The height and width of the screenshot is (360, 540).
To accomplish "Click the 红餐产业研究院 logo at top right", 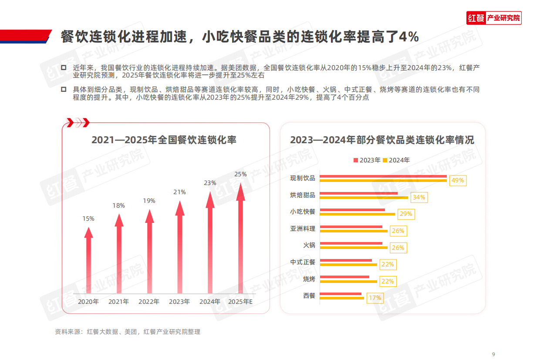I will (x=494, y=18).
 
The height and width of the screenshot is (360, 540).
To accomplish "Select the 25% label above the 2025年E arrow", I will (x=240, y=174).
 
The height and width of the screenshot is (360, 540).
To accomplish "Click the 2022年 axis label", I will (x=149, y=301).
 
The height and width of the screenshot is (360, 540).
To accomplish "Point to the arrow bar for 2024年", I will (x=210, y=244).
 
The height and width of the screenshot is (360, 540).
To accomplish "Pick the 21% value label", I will (x=179, y=192).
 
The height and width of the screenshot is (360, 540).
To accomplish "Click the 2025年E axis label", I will (x=240, y=301).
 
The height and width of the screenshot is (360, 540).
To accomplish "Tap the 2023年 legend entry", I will (x=367, y=160).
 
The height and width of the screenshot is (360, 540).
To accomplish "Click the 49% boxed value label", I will (x=458, y=180).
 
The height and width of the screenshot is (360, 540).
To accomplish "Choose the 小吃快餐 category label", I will (x=303, y=212).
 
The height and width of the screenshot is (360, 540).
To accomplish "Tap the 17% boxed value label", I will (x=375, y=298).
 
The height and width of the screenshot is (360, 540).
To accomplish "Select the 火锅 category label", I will (x=309, y=245).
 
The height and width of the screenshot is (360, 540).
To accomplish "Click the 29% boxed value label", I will (x=405, y=214).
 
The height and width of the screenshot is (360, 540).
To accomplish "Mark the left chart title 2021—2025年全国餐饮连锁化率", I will (x=164, y=140).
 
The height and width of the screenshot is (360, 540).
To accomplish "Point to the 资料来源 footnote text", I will (x=128, y=332).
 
